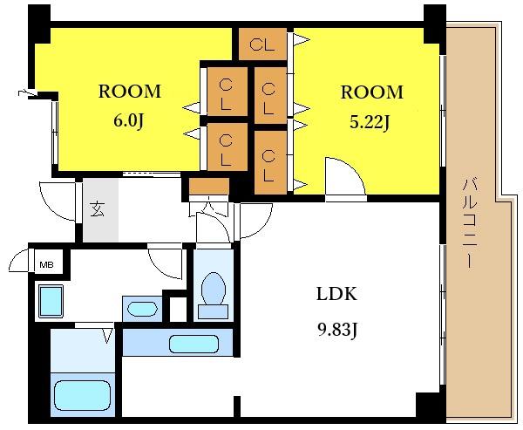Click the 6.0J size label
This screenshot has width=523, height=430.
(x=128, y=121)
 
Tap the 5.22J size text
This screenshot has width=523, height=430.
(x=370, y=123)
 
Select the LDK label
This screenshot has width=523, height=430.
(x=336, y=294)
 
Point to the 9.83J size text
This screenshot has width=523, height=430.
(x=337, y=331)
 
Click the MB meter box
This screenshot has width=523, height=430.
(x=46, y=265)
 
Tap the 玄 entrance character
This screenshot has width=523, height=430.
(x=98, y=209)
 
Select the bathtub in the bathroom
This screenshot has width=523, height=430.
(x=82, y=395)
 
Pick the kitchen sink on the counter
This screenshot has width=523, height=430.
(x=194, y=345)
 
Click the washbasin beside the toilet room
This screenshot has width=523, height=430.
(x=142, y=309)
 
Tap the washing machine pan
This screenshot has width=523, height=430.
(x=51, y=302)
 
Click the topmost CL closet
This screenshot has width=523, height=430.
(x=263, y=44)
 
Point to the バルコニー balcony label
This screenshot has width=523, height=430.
(x=470, y=223)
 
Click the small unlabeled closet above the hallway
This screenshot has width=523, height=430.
(x=209, y=187)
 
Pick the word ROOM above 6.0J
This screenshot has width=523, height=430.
(x=129, y=92)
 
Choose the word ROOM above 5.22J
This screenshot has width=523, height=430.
(x=371, y=92)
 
